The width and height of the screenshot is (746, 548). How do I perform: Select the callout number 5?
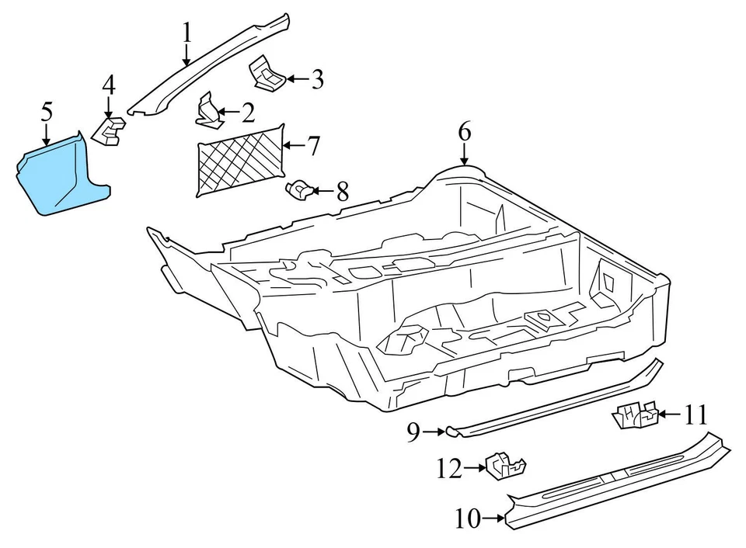47,112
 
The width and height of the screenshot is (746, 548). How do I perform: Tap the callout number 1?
186,33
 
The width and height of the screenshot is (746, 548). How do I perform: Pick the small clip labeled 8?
301,189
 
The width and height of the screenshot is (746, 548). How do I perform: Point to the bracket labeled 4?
110,130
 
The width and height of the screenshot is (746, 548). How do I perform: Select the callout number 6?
464,132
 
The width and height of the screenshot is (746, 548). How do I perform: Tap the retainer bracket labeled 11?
635,415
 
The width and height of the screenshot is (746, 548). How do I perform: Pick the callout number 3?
316,79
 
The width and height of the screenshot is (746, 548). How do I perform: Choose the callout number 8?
342,191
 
